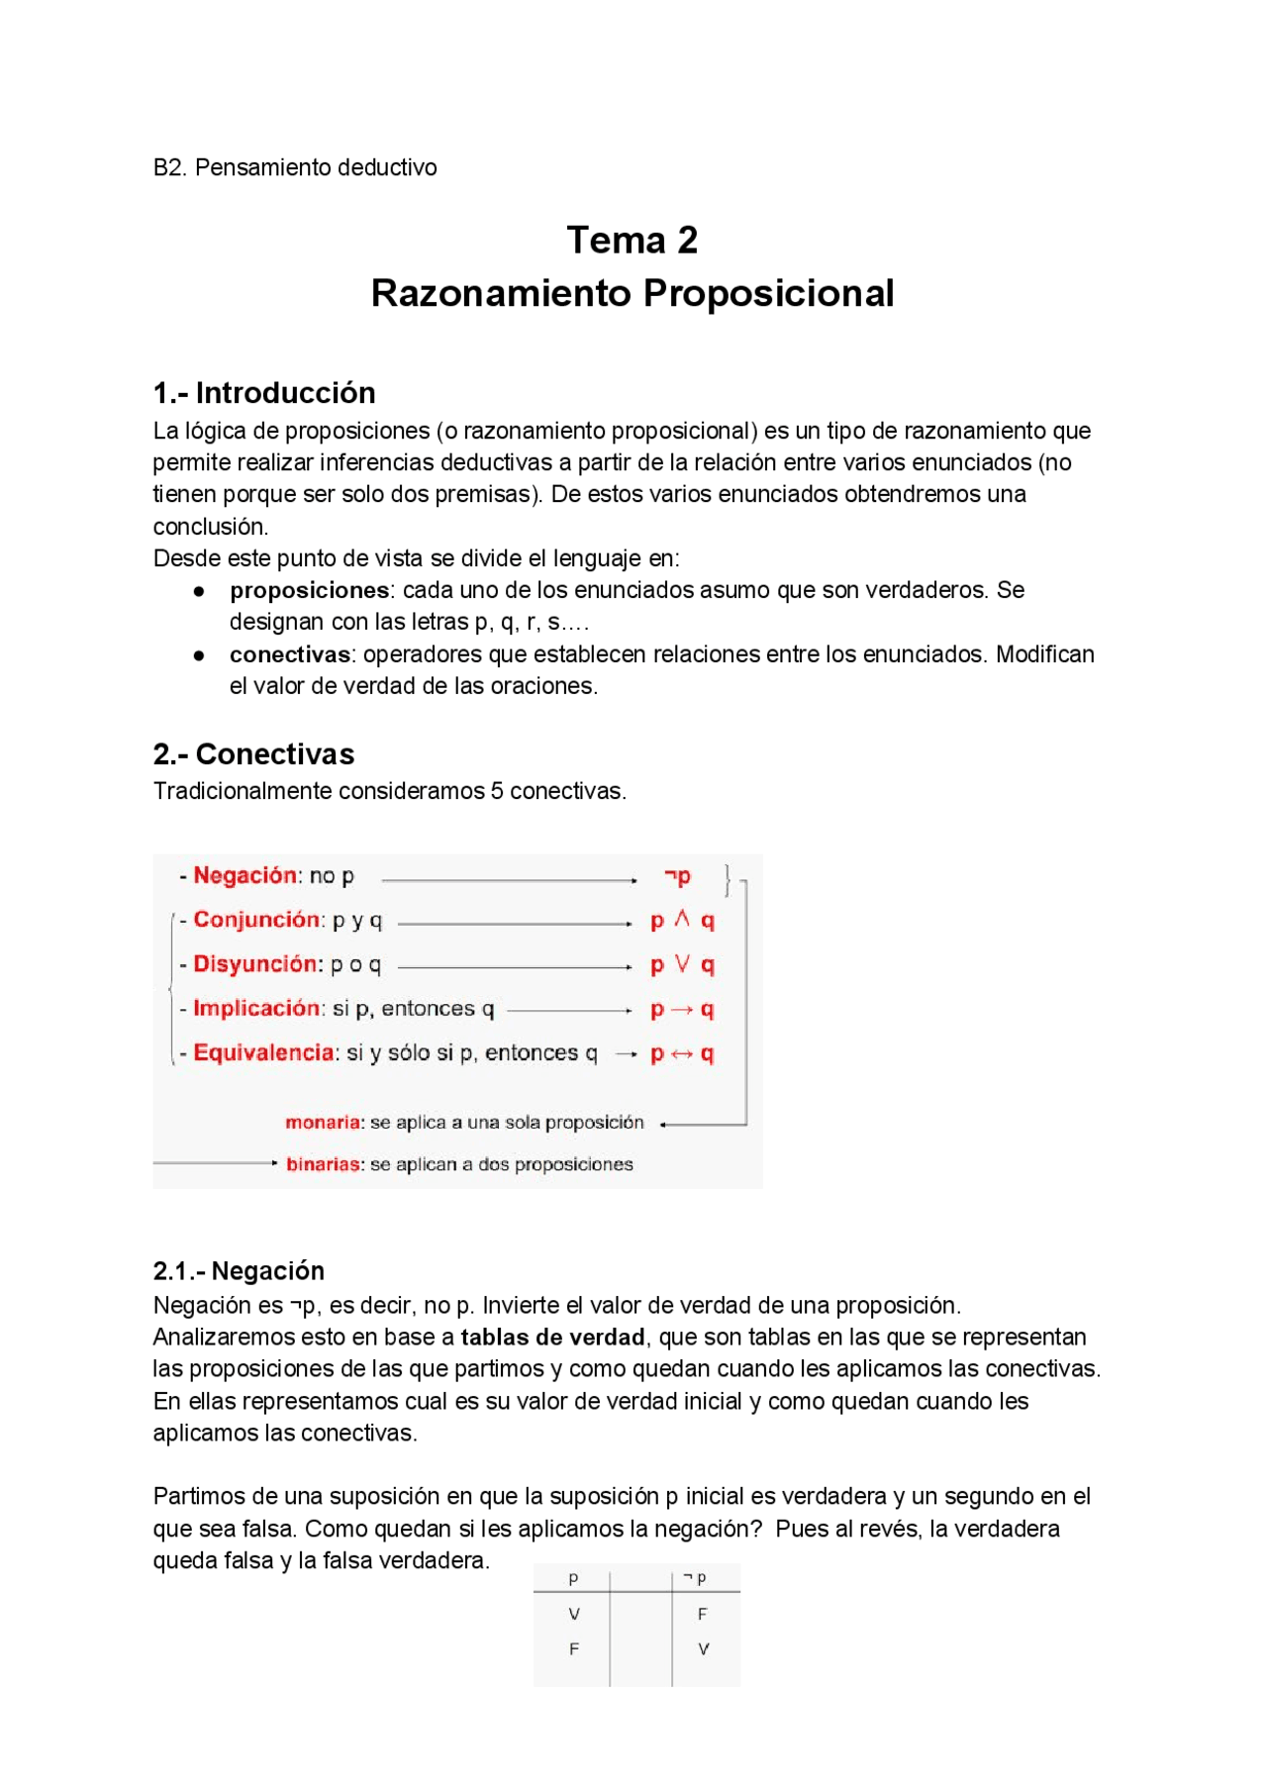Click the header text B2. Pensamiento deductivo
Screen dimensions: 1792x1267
point(295,167)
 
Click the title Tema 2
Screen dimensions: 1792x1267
point(632,241)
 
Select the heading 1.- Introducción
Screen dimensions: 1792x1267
point(264,393)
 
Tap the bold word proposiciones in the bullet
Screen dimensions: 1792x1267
point(310,590)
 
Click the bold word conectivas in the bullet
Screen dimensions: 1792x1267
point(290,654)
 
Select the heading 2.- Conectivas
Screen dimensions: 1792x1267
point(253,754)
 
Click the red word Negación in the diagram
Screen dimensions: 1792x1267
point(244,875)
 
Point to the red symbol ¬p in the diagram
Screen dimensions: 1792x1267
point(678,876)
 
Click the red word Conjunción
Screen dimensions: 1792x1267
point(256,920)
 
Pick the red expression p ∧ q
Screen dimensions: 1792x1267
point(682,921)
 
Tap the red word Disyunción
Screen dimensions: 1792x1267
point(256,964)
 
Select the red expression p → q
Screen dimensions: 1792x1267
point(682,1010)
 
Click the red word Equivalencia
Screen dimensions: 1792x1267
point(263,1052)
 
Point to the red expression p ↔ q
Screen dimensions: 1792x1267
point(682,1054)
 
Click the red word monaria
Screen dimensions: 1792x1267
point(323,1123)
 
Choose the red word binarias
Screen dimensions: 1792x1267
point(323,1165)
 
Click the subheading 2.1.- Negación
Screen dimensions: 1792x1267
point(239,1271)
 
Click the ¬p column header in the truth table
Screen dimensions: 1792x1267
point(696,1578)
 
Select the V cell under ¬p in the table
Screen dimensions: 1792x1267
point(703,1649)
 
